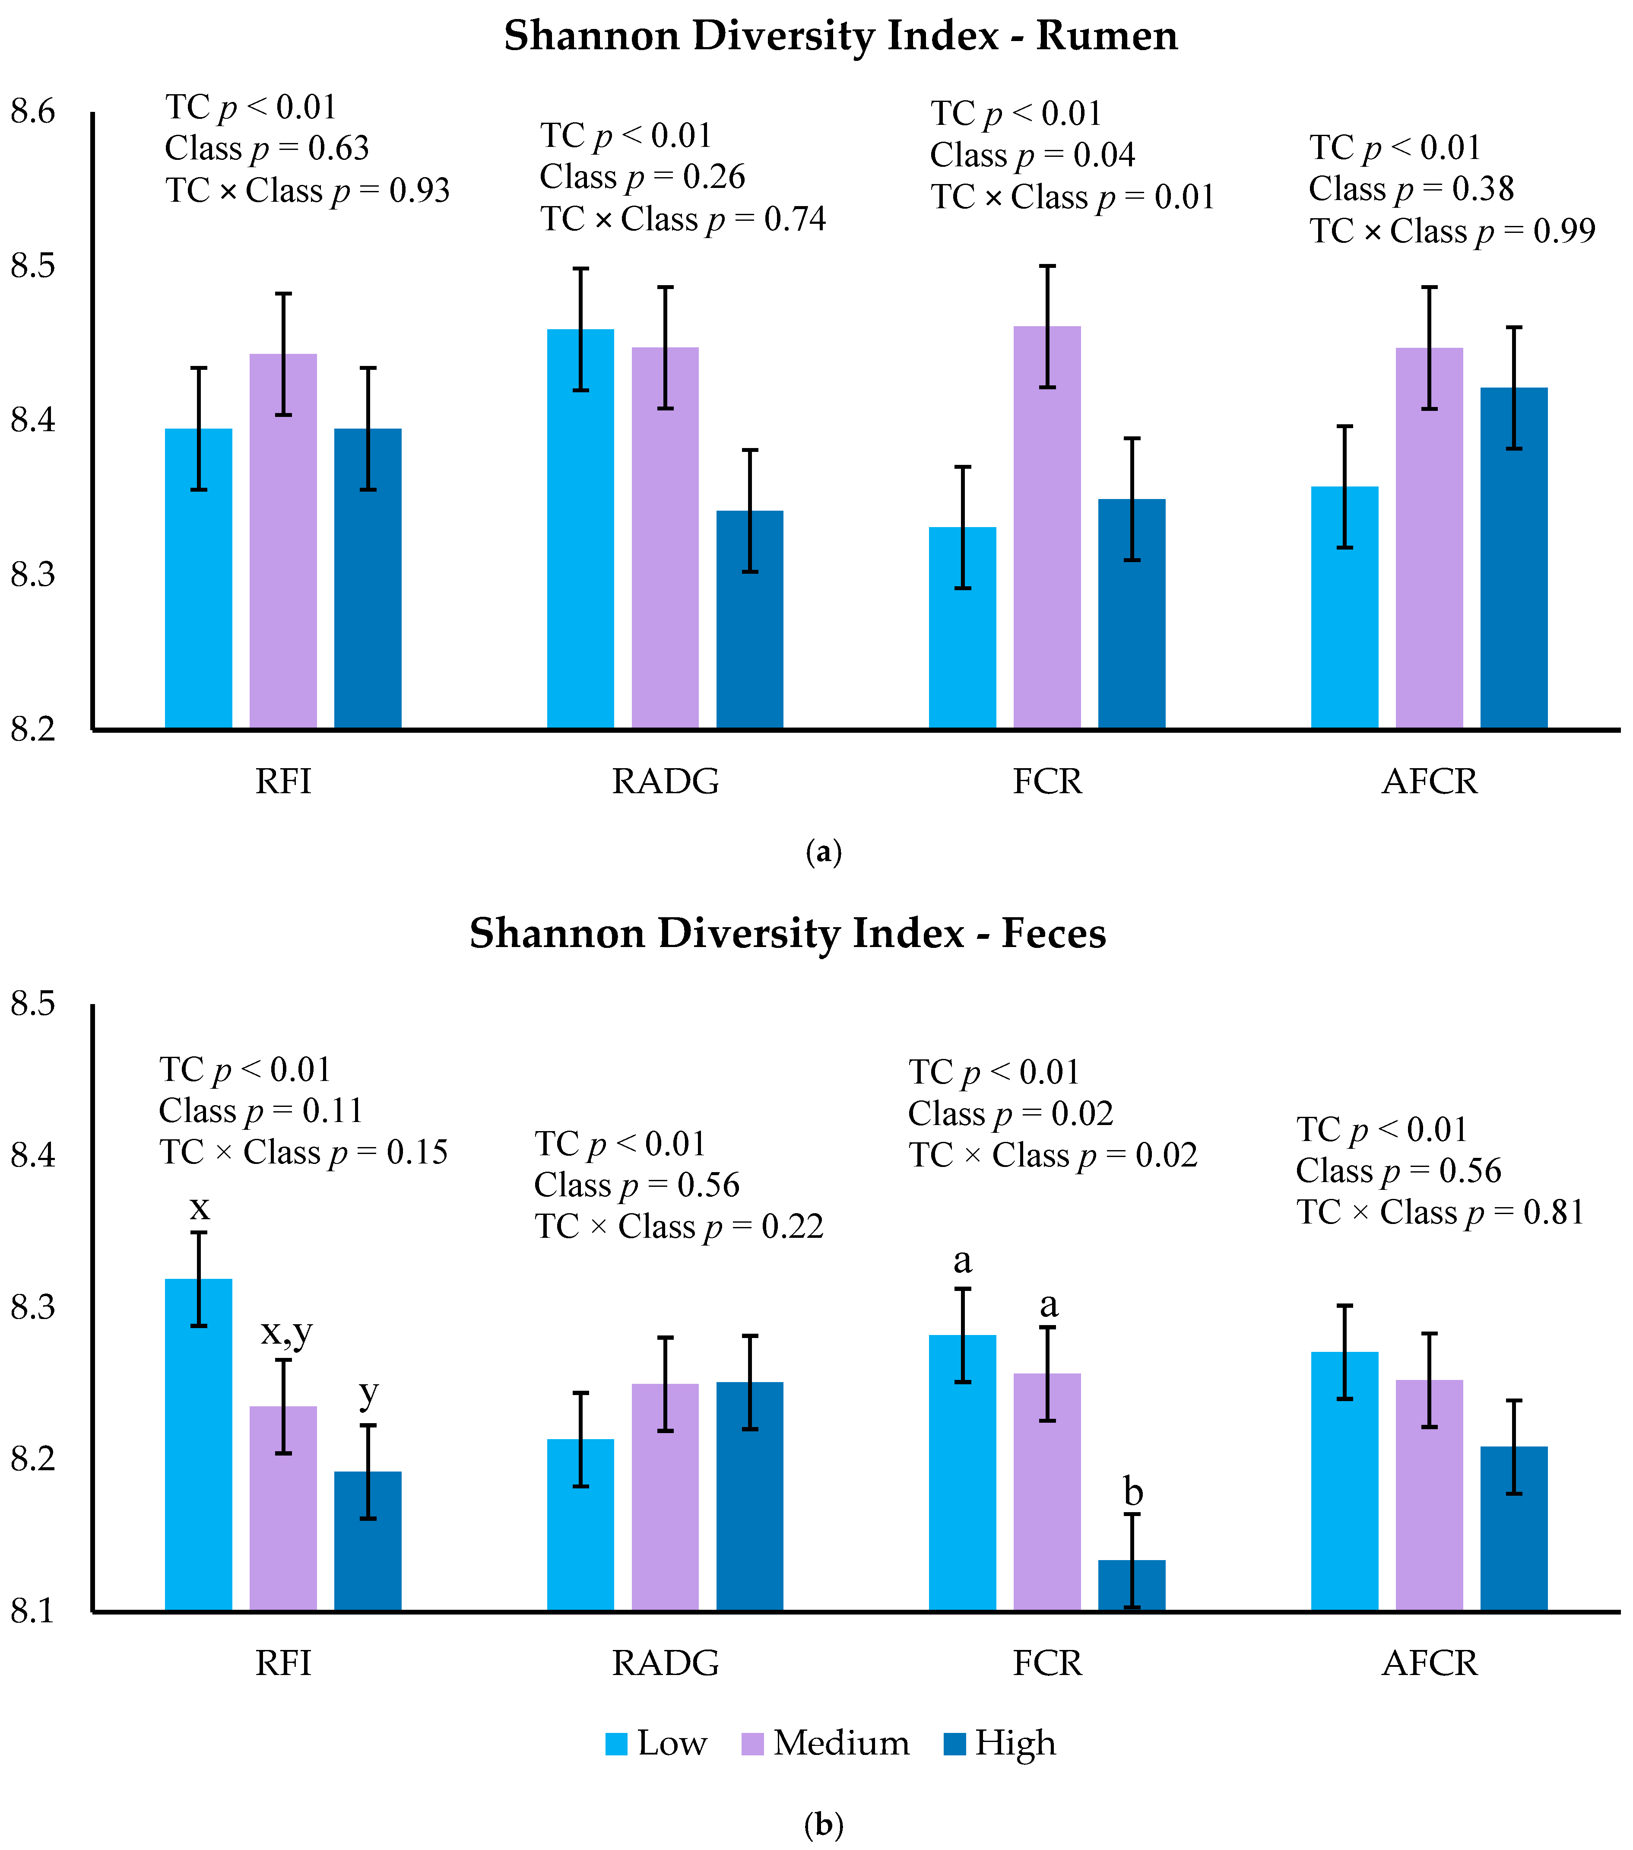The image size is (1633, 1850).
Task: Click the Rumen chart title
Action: tap(840, 36)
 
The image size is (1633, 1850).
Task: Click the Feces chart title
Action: tap(787, 933)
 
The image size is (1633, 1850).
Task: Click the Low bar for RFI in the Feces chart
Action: tap(198, 1444)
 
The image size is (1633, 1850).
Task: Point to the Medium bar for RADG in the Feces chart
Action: tap(665, 1497)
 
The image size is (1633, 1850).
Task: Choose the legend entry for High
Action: tap(999, 1743)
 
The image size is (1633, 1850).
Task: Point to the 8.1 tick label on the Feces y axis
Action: tap(32, 1612)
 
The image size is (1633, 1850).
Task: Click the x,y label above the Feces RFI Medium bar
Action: tap(287, 1333)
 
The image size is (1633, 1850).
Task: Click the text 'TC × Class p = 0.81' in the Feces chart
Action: tap(1440, 1212)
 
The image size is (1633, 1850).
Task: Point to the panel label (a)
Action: tap(823, 852)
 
